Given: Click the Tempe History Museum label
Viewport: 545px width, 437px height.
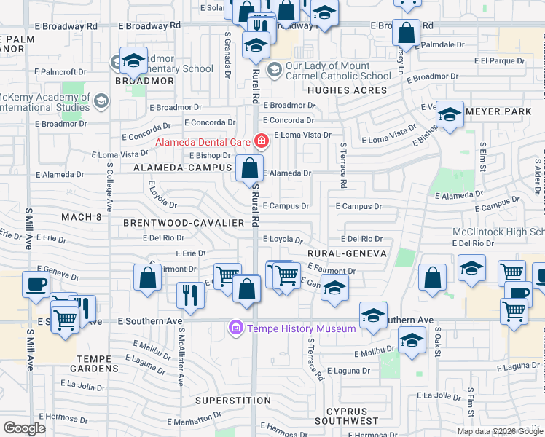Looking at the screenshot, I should coord(302,329).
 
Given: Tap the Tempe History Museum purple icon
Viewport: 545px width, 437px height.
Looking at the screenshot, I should coord(235,329).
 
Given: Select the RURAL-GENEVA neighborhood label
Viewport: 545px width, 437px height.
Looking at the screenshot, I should coord(344,253).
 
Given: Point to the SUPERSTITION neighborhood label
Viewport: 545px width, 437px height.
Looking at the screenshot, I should coord(232,401).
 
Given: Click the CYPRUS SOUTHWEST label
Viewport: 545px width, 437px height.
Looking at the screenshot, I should coord(352,415).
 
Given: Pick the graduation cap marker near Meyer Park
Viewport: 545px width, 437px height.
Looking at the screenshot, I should coord(450,114).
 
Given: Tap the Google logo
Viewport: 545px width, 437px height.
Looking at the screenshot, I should coord(24,429).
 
